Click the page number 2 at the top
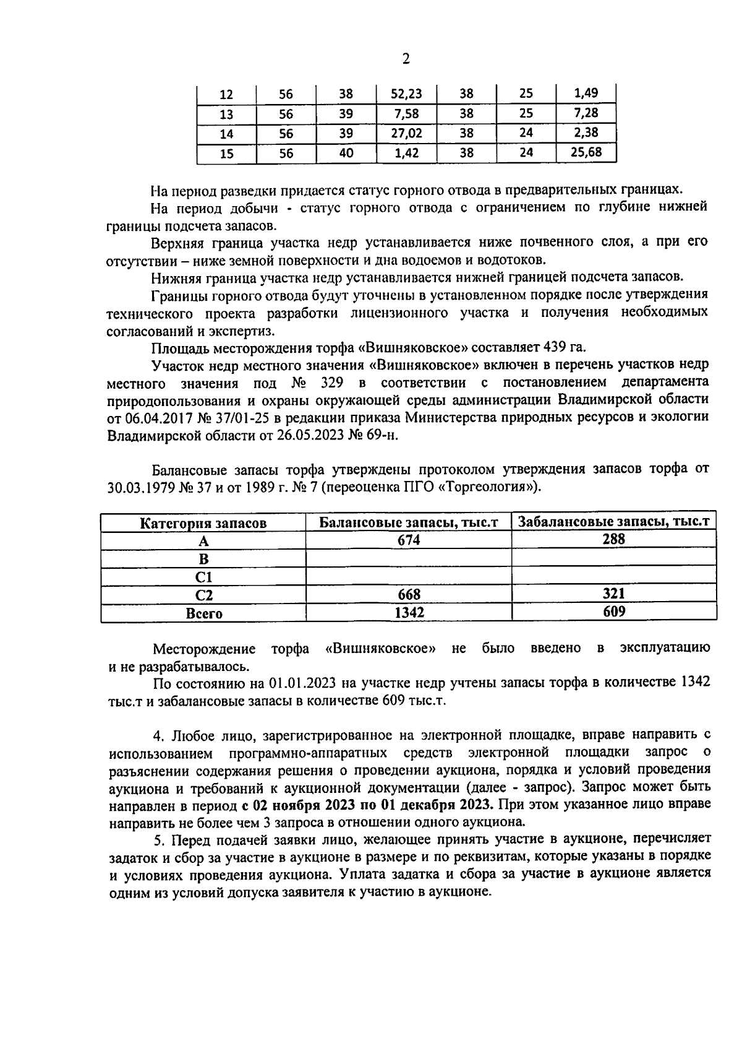[x=406, y=59]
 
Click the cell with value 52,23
[x=406, y=93]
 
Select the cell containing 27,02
[x=406, y=133]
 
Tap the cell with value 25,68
[x=586, y=152]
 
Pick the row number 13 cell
[x=226, y=114]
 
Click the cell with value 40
[x=346, y=152]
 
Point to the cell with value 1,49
[x=586, y=93]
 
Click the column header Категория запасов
[x=203, y=523]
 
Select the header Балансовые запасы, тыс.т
[x=409, y=522]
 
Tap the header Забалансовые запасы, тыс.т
[x=613, y=522]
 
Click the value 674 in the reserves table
[x=409, y=540]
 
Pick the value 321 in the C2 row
[x=613, y=594]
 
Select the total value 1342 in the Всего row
[x=409, y=612]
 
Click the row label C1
[x=203, y=577]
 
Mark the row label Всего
[x=203, y=613]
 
